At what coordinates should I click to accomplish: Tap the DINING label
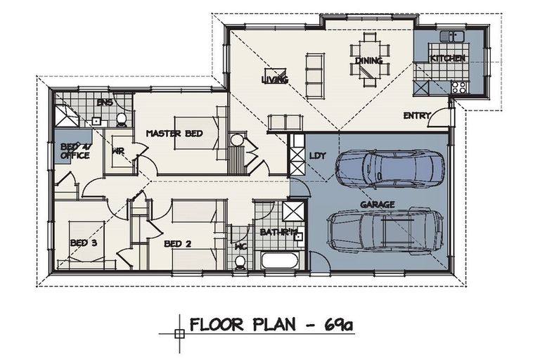tap(368, 60)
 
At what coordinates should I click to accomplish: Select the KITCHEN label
tap(447, 58)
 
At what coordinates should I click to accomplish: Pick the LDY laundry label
tap(316, 156)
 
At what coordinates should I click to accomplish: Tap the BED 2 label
tap(178, 243)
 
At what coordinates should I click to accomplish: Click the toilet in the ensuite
tap(121, 118)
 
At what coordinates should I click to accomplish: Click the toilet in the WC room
tap(240, 262)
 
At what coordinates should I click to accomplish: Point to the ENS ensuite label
tap(105, 103)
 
